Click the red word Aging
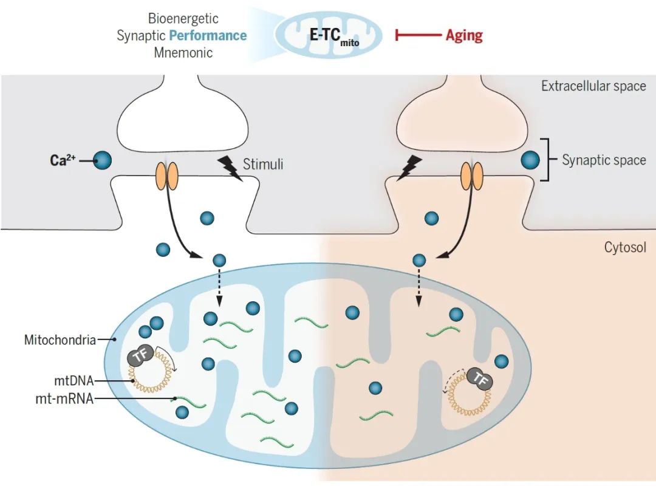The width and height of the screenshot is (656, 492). point(464,35)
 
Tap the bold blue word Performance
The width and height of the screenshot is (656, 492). point(208,35)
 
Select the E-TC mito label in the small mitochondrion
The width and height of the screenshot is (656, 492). point(334,36)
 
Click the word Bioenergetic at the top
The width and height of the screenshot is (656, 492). point(183,18)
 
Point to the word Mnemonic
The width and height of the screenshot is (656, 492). point(183,53)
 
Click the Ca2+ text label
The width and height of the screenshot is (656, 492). point(63,160)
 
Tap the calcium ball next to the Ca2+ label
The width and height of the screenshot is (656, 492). point(102,160)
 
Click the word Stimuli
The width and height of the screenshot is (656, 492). point(263,164)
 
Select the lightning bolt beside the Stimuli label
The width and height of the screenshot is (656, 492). point(230,168)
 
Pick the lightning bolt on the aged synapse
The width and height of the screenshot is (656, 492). point(409,168)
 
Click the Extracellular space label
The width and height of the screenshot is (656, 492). point(593,86)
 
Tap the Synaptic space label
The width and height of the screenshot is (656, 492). point(604,160)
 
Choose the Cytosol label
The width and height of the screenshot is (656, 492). point(625,247)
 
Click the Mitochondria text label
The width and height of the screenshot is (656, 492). point(60,340)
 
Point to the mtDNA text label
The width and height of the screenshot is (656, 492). point(74,381)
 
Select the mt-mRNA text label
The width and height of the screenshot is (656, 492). point(64,398)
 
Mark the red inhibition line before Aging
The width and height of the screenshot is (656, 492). point(418,35)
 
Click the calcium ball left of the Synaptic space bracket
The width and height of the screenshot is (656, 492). point(530,160)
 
